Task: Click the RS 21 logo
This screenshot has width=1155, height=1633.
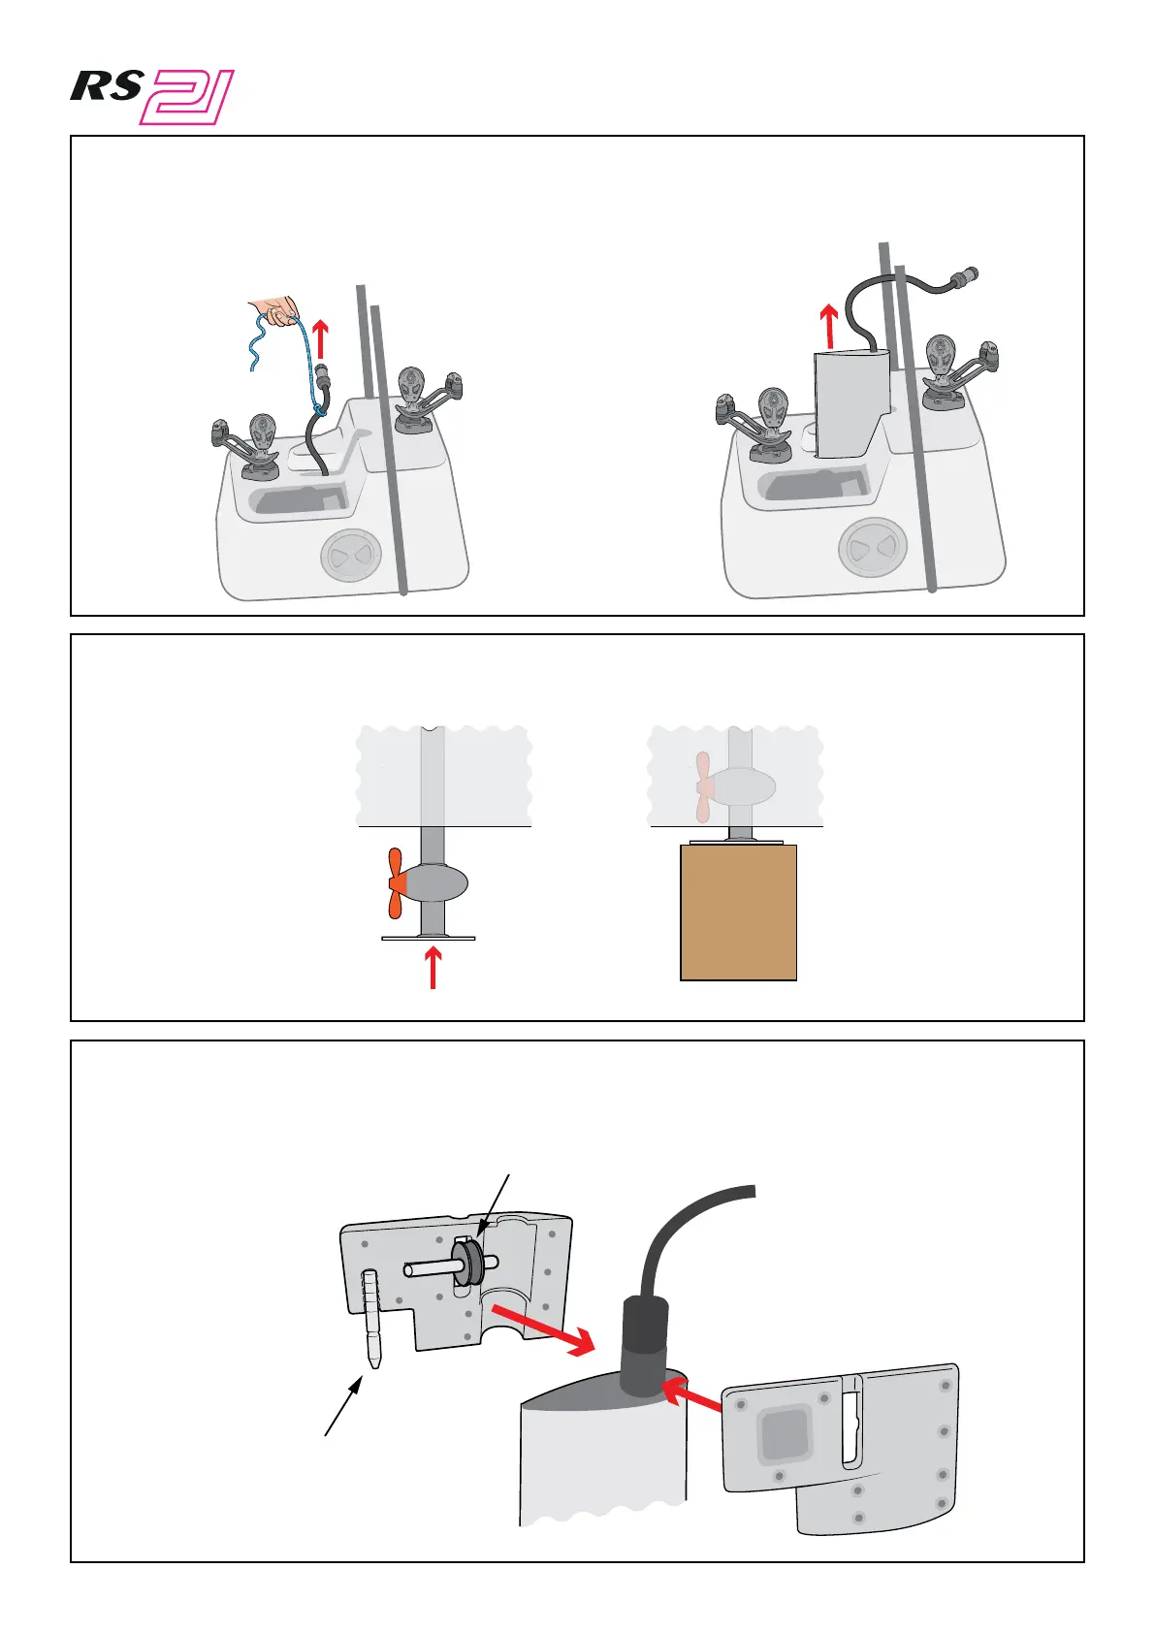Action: coord(152,97)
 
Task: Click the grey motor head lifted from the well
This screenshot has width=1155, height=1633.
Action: coord(850,402)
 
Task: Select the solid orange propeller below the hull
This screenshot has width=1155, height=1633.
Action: coord(396,883)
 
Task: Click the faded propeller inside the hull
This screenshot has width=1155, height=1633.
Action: coord(704,786)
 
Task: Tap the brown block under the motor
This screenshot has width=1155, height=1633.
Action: coord(739,912)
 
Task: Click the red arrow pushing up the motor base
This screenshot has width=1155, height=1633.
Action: coord(433,968)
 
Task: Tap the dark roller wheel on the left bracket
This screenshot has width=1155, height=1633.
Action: coord(471,1265)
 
